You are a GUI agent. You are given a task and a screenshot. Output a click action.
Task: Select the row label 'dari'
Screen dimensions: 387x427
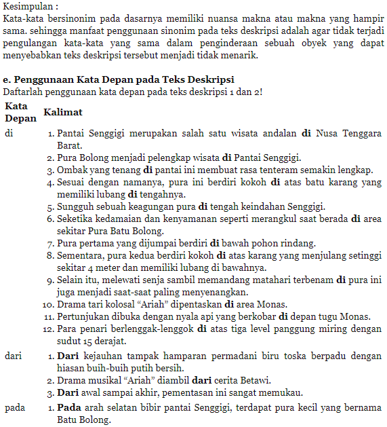click(x=12, y=355)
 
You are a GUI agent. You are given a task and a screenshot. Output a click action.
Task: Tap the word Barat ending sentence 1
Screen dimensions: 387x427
click(x=70, y=145)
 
